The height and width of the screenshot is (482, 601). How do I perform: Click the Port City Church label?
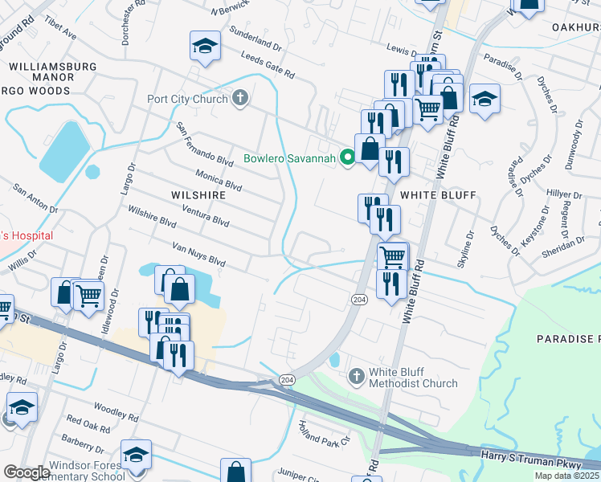coord(187,100)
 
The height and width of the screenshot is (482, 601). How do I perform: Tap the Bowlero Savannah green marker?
coord(348,157)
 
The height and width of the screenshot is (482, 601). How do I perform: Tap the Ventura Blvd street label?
coord(206,216)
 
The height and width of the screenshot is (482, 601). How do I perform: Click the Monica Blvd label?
coord(219,179)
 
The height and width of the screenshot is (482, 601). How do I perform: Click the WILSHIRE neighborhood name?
coord(198,194)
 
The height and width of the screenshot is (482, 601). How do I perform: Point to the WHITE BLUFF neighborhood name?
coord(438,195)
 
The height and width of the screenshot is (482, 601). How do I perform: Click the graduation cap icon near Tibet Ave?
coord(205,47)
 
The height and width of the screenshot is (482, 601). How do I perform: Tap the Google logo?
coord(27,472)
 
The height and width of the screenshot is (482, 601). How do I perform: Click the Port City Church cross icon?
coord(239,100)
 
